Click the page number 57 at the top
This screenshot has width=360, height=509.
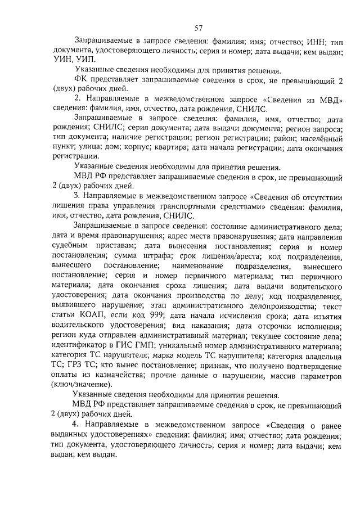tap(198, 29)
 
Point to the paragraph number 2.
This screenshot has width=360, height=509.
tap(77, 99)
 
